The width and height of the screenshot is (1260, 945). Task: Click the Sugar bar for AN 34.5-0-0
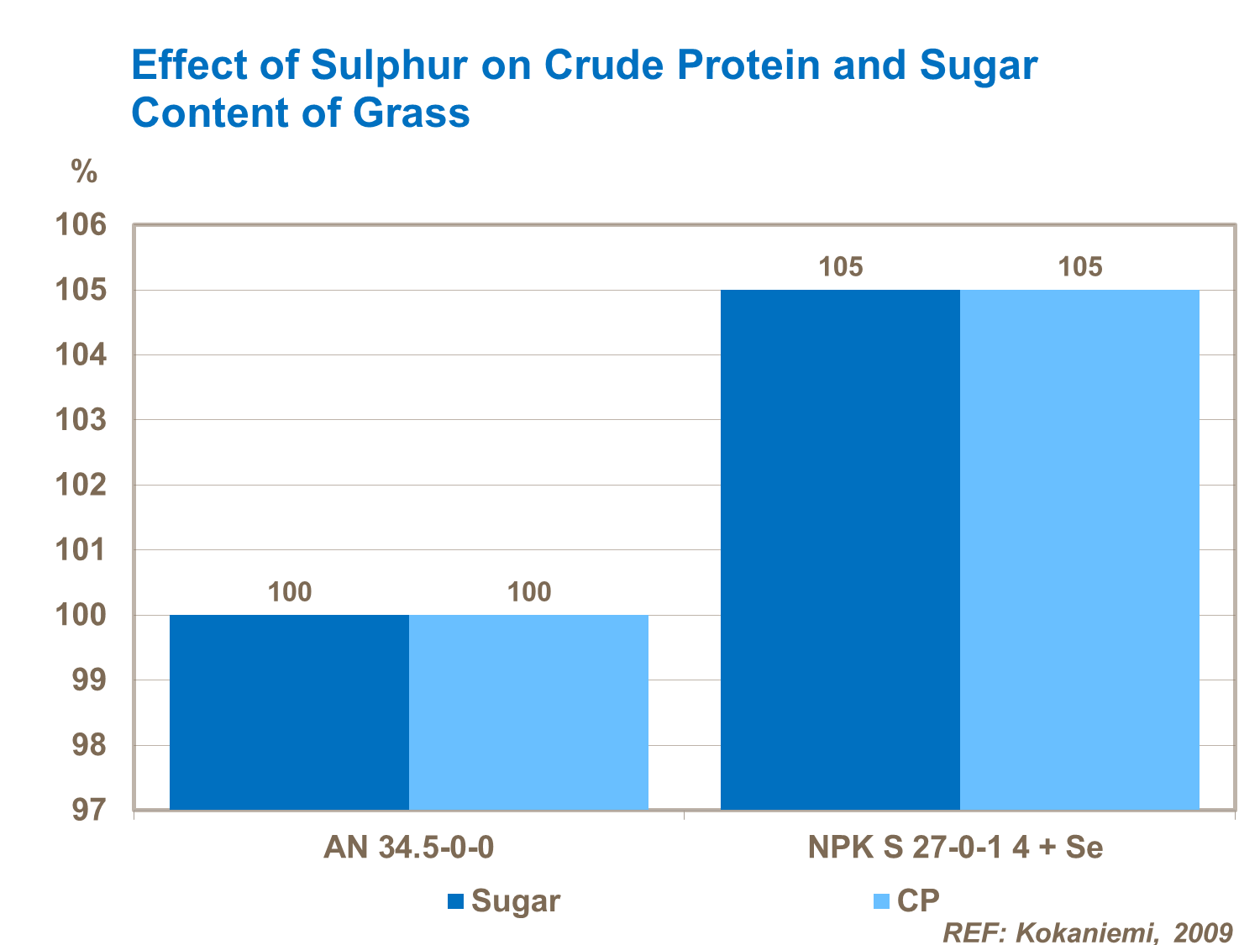(289, 712)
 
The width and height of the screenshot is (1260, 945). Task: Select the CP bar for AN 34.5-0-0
(528, 712)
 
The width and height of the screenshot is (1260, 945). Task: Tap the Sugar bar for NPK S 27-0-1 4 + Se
(840, 550)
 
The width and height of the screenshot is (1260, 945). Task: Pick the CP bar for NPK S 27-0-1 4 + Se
(1079, 550)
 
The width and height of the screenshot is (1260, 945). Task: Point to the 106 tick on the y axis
(81, 225)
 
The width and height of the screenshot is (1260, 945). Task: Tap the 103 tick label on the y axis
(81, 420)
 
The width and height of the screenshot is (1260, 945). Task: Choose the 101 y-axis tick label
(81, 550)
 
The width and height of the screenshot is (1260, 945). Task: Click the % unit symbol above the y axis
(84, 172)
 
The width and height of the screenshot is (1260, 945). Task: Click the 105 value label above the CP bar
(1079, 267)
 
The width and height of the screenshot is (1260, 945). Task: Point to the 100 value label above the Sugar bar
(289, 592)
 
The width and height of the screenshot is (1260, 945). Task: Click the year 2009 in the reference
(1203, 932)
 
